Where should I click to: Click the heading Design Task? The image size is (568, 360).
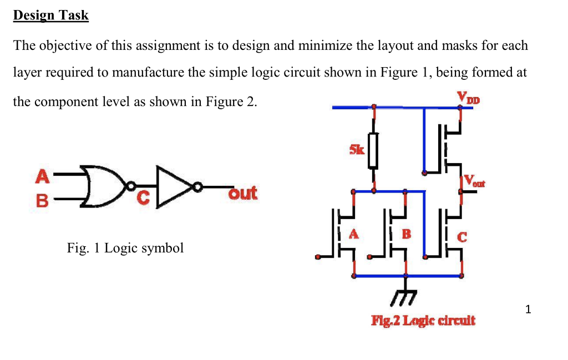pos(50,16)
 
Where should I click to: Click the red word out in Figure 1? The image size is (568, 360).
pos(243,193)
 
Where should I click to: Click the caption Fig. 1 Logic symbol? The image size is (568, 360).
pos(125,248)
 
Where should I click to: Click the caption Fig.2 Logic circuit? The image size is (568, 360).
pos(423,321)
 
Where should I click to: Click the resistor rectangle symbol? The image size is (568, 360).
pos(374,150)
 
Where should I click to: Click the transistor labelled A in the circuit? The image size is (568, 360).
pos(344,233)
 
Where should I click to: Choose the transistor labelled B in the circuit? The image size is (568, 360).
pos(397,233)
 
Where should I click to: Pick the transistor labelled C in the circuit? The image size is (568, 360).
pos(450,233)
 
